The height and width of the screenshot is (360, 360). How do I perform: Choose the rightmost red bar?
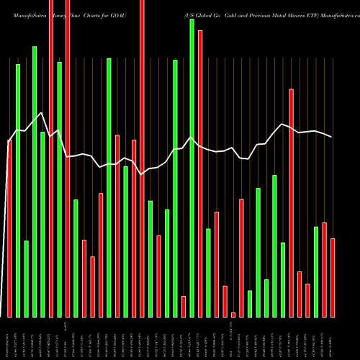click(333, 277)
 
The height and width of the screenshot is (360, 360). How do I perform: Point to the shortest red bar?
click(233, 315)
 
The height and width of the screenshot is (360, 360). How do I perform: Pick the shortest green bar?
click(250, 303)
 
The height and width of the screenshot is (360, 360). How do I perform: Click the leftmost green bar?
click(18, 190)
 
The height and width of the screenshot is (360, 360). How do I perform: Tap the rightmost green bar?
click(316, 271)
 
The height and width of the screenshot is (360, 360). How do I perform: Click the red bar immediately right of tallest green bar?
click(200, 173)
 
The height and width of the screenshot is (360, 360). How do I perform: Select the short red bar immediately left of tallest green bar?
click(184, 306)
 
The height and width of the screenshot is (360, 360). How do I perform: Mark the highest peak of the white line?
click(42, 113)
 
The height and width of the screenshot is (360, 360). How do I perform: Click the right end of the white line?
click(332, 137)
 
